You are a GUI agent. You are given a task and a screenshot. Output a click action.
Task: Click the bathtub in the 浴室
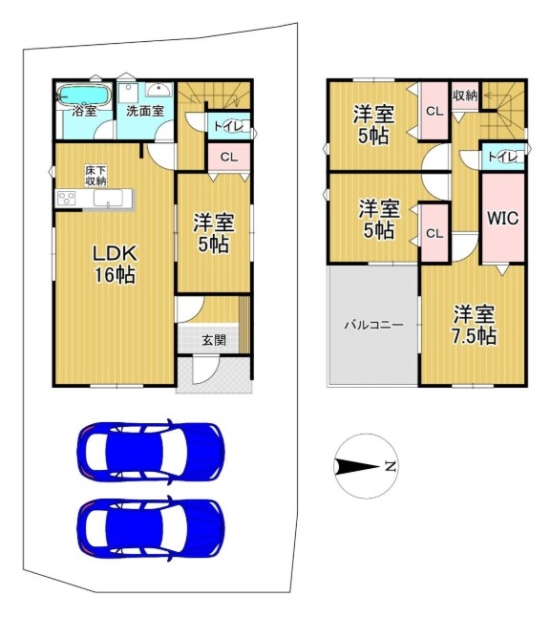[x=84, y=96]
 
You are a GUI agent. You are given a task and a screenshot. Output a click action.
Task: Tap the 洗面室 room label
[x=145, y=111]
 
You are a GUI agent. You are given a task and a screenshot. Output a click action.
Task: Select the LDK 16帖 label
[x=115, y=264]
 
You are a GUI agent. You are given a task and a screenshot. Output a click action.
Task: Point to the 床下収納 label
[x=95, y=176]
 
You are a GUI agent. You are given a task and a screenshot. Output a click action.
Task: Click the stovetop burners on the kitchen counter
[x=66, y=198]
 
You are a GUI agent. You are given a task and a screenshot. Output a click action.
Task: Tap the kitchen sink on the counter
[x=108, y=198]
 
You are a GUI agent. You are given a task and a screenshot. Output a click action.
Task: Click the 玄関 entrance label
[x=214, y=340]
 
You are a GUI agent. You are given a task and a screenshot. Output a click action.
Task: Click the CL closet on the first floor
[x=229, y=157]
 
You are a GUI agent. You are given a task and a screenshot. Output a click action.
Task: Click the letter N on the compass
[x=390, y=466]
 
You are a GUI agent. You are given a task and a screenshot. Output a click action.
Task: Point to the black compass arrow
[x=356, y=467]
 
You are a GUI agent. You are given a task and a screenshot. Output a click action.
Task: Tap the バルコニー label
[x=374, y=325]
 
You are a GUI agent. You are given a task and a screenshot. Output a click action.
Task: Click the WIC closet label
[x=503, y=218]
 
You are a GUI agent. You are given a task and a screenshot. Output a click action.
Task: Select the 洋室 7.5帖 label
[x=474, y=326]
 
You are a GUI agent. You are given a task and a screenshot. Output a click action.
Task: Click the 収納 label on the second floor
[x=465, y=96]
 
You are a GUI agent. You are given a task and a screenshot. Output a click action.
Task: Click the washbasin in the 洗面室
[x=159, y=90]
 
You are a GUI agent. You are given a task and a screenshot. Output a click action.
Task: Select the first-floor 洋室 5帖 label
[x=214, y=233]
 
